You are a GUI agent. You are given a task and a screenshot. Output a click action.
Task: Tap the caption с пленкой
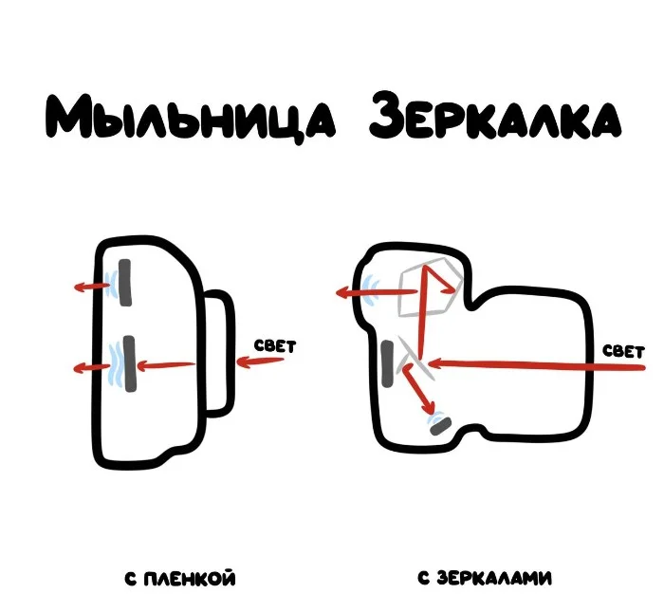pyautogui.click(x=179, y=578)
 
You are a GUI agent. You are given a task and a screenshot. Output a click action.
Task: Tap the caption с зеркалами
pyautogui.click(x=485, y=578)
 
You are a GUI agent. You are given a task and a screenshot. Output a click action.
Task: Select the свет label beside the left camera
pyautogui.click(x=275, y=346)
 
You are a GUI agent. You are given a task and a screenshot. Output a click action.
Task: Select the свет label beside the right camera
pyautogui.click(x=624, y=350)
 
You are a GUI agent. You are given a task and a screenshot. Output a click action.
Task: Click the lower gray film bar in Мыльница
pyautogui.click(x=129, y=362)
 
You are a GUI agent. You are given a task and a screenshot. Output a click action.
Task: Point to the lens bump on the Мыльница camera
pyautogui.click(x=216, y=353)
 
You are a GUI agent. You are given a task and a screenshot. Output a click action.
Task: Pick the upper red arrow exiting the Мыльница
pyautogui.click(x=91, y=286)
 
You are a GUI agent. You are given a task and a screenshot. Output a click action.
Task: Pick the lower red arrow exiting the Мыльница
pyautogui.click(x=91, y=367)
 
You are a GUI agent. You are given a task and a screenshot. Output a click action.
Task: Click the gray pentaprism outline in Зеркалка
pyautogui.click(x=432, y=288)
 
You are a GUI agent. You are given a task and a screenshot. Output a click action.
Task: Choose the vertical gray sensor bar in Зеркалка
pyautogui.click(x=388, y=365)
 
